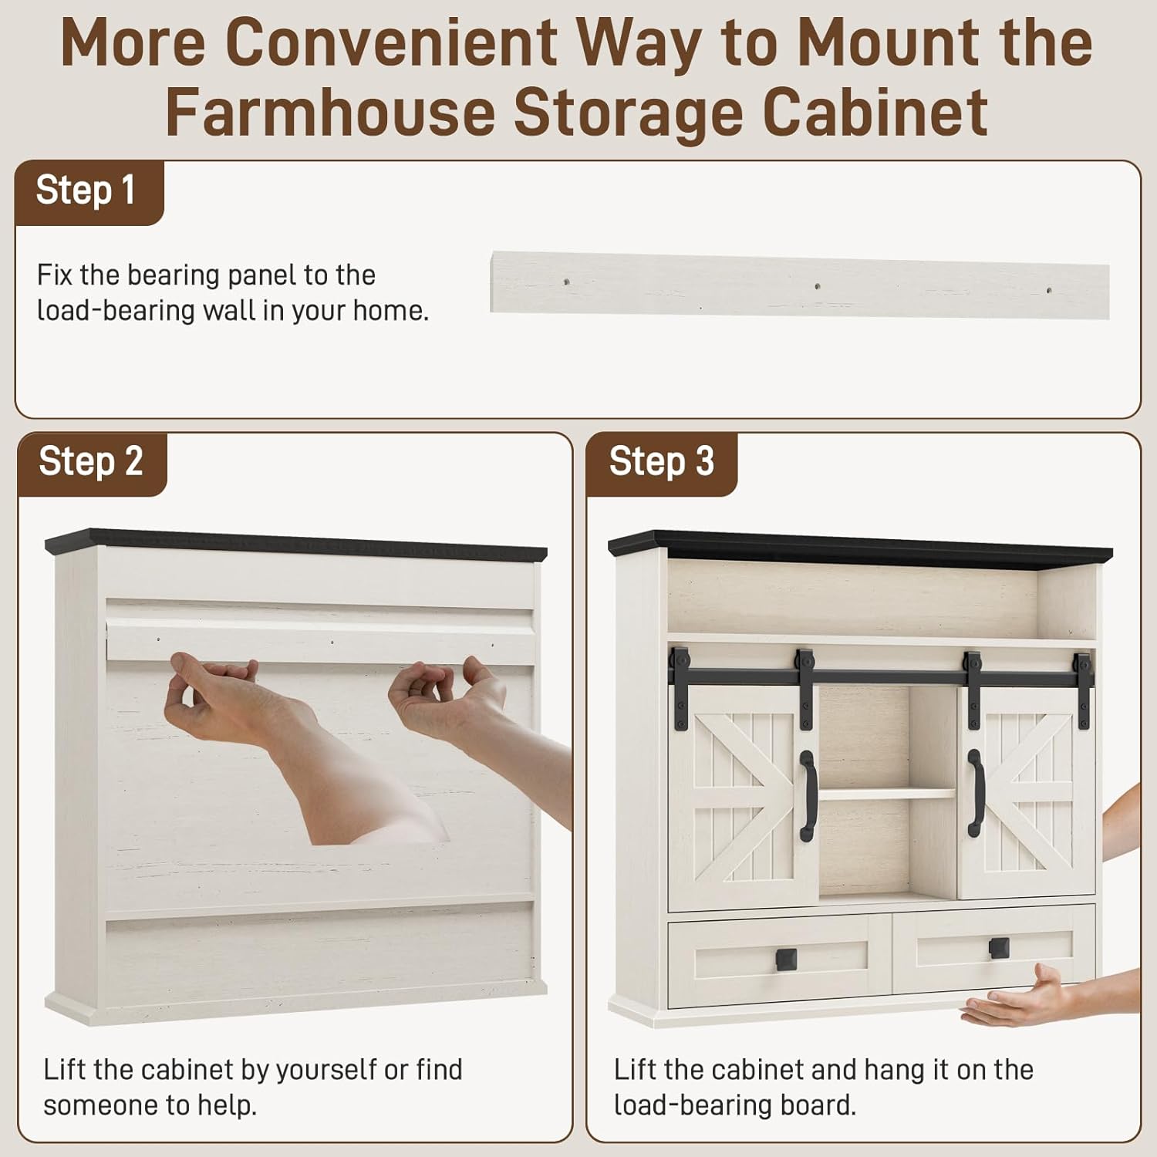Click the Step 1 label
pyautogui.click(x=86, y=190)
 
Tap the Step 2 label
pyautogui.click(x=91, y=461)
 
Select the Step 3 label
pyautogui.click(x=662, y=461)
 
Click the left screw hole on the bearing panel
pyautogui.click(x=567, y=282)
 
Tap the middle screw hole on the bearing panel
pyautogui.click(x=817, y=287)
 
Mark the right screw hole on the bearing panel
pyautogui.click(x=1048, y=291)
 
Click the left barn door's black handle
pyautogui.click(x=808, y=795)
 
